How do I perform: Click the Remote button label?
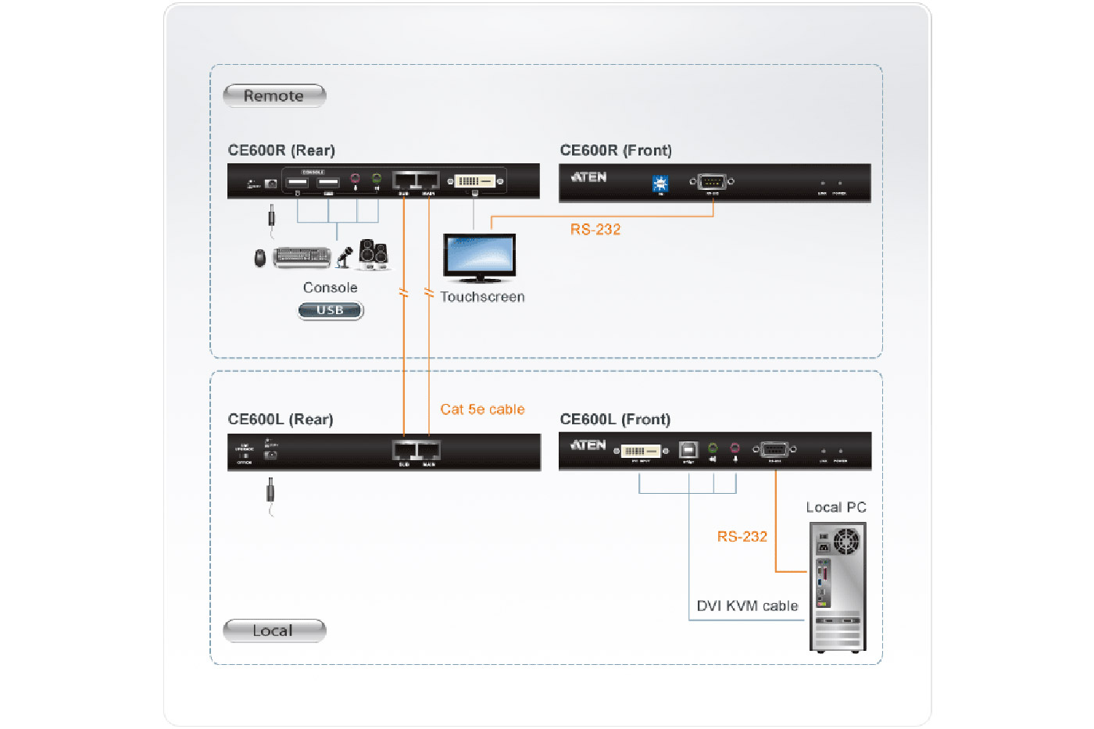click(x=273, y=96)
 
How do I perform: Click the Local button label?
click(x=273, y=631)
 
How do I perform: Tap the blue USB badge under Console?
click(x=331, y=310)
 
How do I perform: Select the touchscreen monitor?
click(x=479, y=257)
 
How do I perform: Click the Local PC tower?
click(x=838, y=587)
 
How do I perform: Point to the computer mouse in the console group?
click(x=260, y=258)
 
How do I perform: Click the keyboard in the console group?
click(x=302, y=257)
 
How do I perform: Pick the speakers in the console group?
click(x=374, y=254)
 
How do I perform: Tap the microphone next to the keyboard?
click(x=345, y=256)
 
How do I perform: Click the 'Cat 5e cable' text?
click(x=482, y=409)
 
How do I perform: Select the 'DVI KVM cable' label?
click(x=747, y=606)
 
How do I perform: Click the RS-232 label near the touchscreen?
click(x=595, y=230)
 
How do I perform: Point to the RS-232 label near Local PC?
click(x=742, y=537)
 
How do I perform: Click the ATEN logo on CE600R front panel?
click(x=589, y=177)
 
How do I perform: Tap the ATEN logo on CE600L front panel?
click(x=589, y=445)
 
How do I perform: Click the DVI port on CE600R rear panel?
click(x=475, y=181)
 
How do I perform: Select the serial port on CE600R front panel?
click(x=711, y=182)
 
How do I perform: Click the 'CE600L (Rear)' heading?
click(x=281, y=420)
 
